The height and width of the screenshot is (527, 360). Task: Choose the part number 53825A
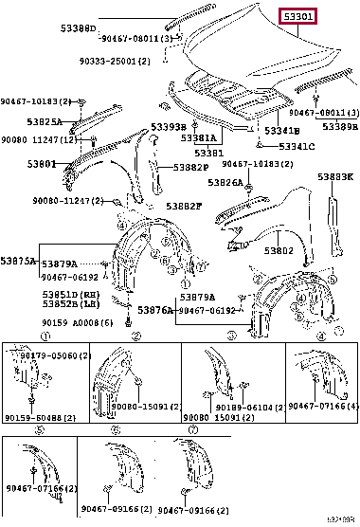[43, 122]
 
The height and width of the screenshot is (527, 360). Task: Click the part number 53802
[278, 250]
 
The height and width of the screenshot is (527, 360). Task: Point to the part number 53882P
[190, 168]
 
